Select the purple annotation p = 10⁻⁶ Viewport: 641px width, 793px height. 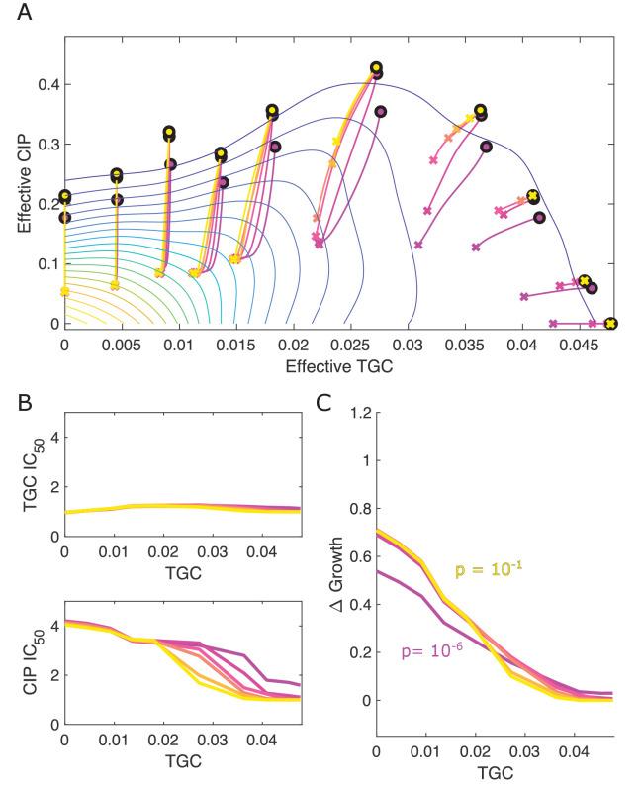436,651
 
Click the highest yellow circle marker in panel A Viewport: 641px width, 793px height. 376,68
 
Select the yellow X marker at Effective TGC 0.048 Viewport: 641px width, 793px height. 610,324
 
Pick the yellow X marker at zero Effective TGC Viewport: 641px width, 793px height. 65,291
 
